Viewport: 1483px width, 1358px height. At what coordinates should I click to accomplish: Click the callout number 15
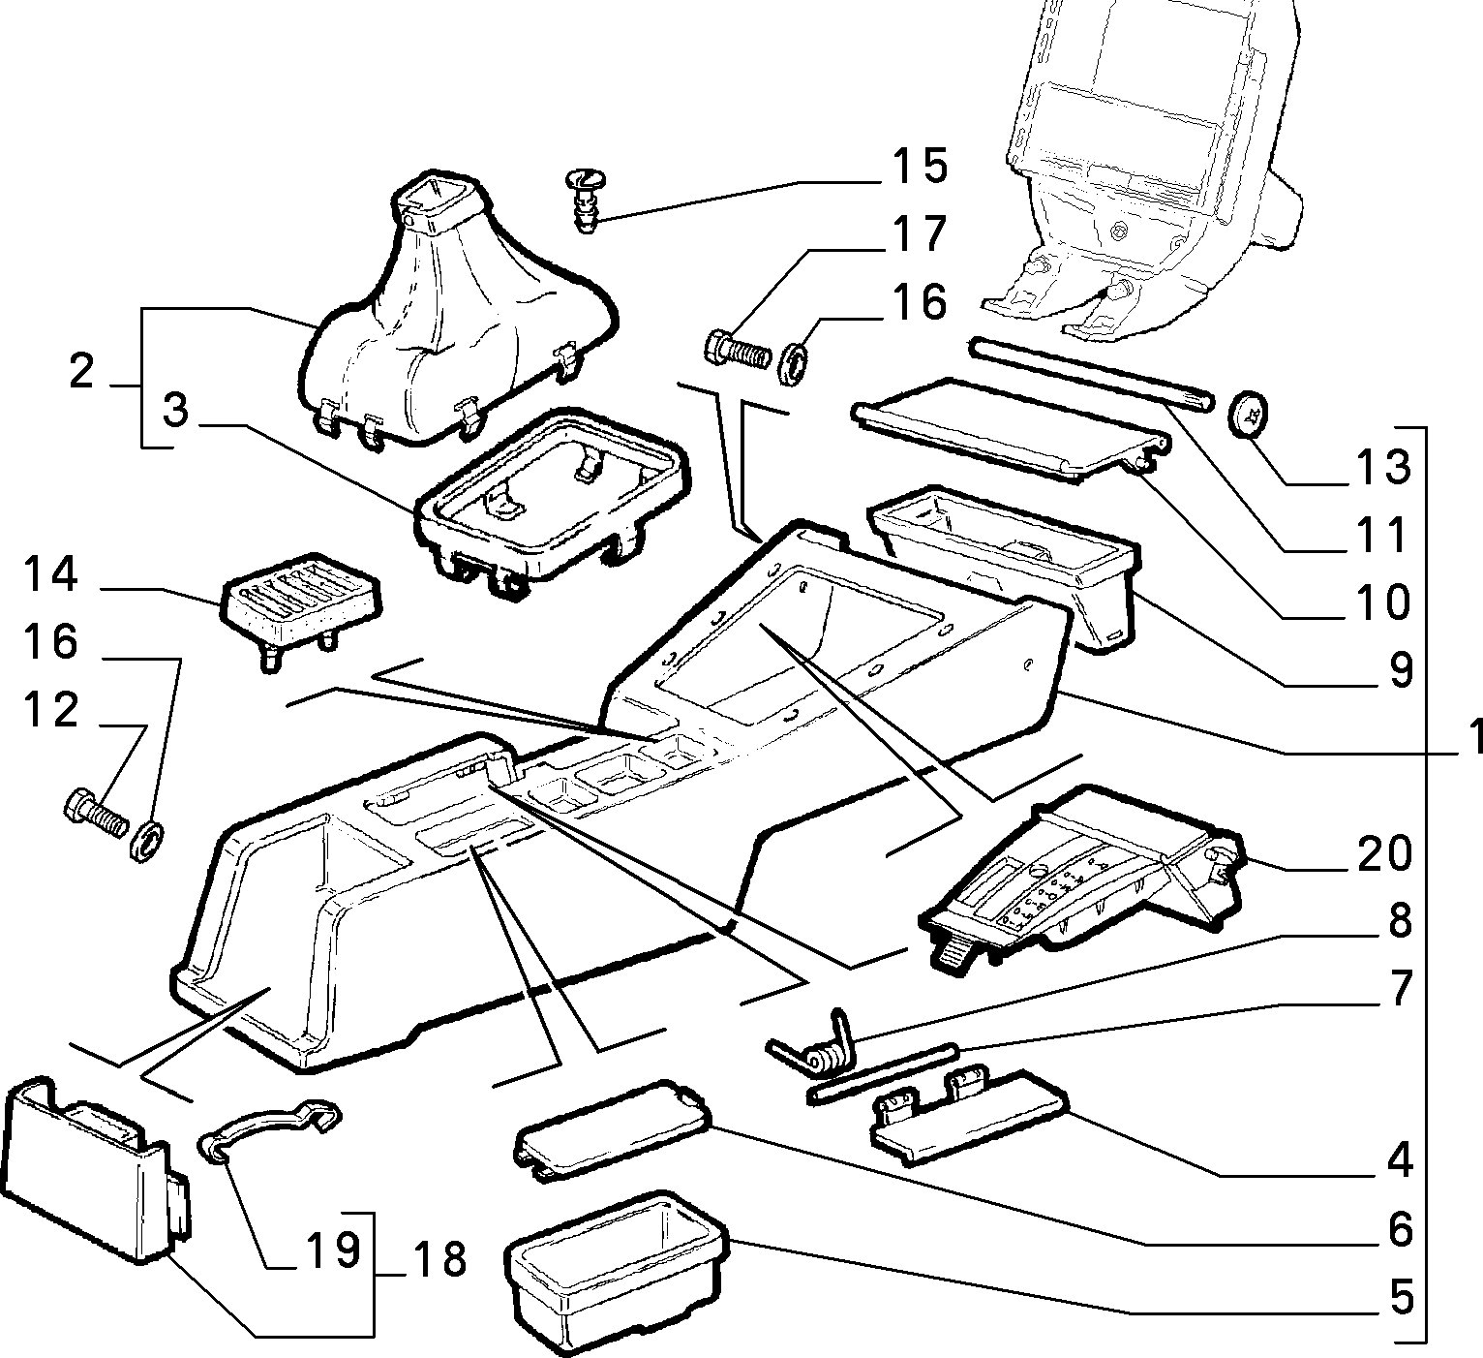pyautogui.click(x=920, y=166)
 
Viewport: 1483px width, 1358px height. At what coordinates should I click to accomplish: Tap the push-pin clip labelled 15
pyautogui.click(x=587, y=200)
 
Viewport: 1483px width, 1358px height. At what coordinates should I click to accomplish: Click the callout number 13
pyautogui.click(x=1384, y=468)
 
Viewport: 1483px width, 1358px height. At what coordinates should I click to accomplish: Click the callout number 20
pyautogui.click(x=1384, y=853)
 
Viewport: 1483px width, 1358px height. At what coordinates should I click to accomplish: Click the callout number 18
pyautogui.click(x=439, y=1259)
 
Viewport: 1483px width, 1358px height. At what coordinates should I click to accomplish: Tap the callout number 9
pyautogui.click(x=1400, y=670)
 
